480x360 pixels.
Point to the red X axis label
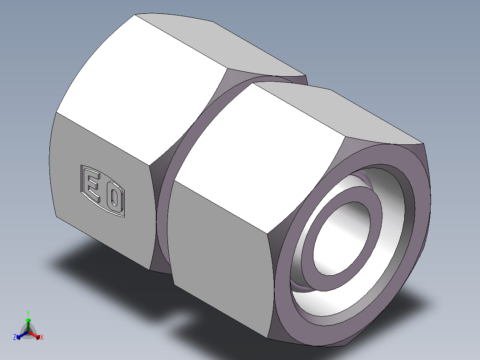click(x=42, y=338)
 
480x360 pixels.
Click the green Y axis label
click(x=28, y=313)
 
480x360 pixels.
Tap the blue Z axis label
click(x=15, y=337)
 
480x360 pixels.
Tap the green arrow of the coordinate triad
click(x=28, y=322)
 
